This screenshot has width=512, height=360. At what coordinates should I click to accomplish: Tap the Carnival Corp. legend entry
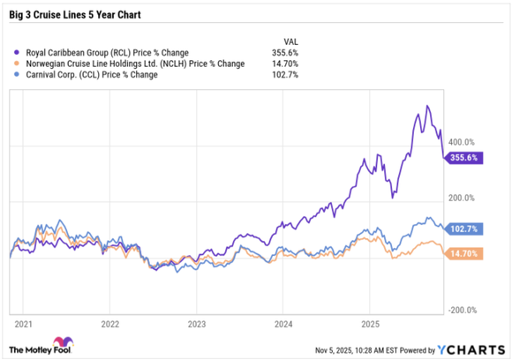click(87, 75)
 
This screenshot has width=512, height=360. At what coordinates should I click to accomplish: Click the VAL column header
click(290, 41)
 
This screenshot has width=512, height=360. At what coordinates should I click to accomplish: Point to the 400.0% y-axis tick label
click(462, 141)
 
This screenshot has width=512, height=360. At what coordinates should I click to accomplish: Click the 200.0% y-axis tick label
click(462, 198)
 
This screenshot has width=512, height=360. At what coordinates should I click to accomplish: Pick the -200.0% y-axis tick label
click(460, 310)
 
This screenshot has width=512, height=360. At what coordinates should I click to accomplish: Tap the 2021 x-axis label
click(22, 323)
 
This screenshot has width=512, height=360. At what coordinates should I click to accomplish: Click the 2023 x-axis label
click(196, 323)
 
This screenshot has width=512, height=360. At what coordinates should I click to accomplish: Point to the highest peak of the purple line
click(427, 106)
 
